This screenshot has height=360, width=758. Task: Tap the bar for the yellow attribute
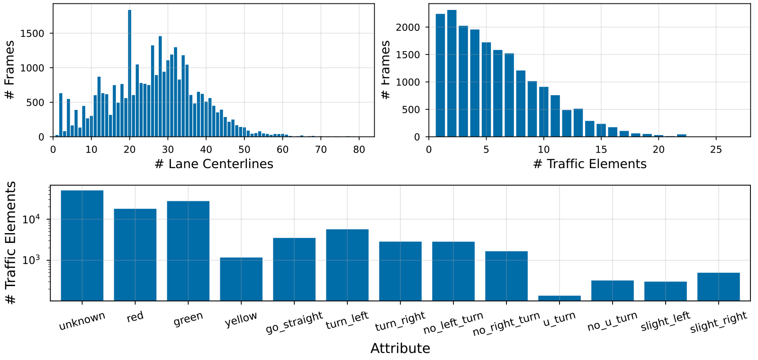click(x=241, y=279)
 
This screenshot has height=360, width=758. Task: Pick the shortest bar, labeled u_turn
click(x=559, y=298)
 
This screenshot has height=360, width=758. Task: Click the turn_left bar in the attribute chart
click(x=347, y=265)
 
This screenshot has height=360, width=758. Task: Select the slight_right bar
click(x=719, y=287)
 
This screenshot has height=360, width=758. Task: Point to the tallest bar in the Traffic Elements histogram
click(x=452, y=73)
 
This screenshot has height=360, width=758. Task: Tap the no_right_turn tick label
click(x=506, y=324)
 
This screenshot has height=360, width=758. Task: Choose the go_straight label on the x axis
click(x=294, y=322)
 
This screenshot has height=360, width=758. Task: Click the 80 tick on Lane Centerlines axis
click(x=359, y=150)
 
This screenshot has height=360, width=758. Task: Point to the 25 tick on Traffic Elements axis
click(x=716, y=150)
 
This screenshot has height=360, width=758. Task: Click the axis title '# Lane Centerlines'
click(x=214, y=164)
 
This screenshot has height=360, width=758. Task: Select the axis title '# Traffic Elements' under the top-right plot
click(x=590, y=164)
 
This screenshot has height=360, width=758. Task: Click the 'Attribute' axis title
click(x=400, y=349)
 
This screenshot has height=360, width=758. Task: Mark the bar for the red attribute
click(x=135, y=255)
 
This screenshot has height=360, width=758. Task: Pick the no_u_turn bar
click(x=613, y=290)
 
